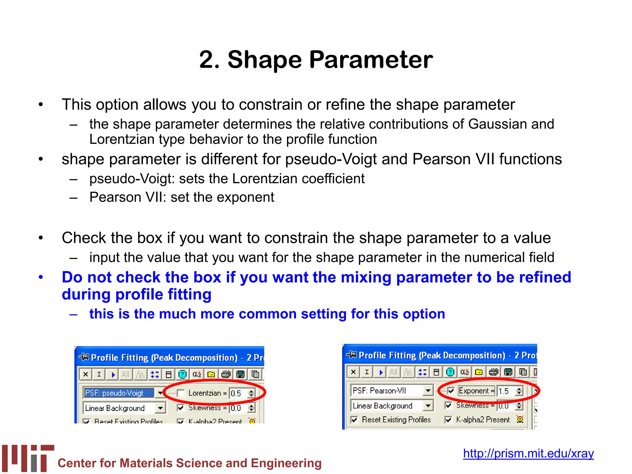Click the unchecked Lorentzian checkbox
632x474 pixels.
point(181,393)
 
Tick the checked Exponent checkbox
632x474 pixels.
point(451,391)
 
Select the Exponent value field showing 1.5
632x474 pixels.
point(505,391)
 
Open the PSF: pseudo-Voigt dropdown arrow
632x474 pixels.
point(160,393)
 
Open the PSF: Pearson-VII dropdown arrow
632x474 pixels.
point(428,390)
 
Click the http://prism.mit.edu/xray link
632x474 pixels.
point(528,453)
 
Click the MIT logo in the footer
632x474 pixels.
point(28,458)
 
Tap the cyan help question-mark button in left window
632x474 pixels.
point(182,374)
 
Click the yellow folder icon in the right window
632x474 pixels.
point(479,372)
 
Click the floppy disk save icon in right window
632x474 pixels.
point(508,372)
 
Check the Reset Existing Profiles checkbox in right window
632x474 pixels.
point(355,420)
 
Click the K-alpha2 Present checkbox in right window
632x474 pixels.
point(448,420)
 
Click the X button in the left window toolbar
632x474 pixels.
point(86,374)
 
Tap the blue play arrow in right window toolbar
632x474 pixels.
point(381,372)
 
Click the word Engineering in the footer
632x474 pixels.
point(286,463)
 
